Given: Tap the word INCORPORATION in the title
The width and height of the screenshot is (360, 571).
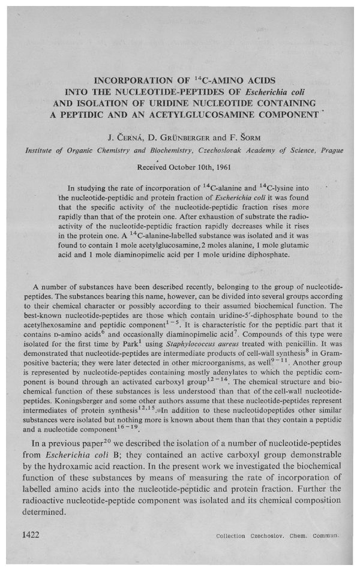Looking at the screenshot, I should tap(123, 80).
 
